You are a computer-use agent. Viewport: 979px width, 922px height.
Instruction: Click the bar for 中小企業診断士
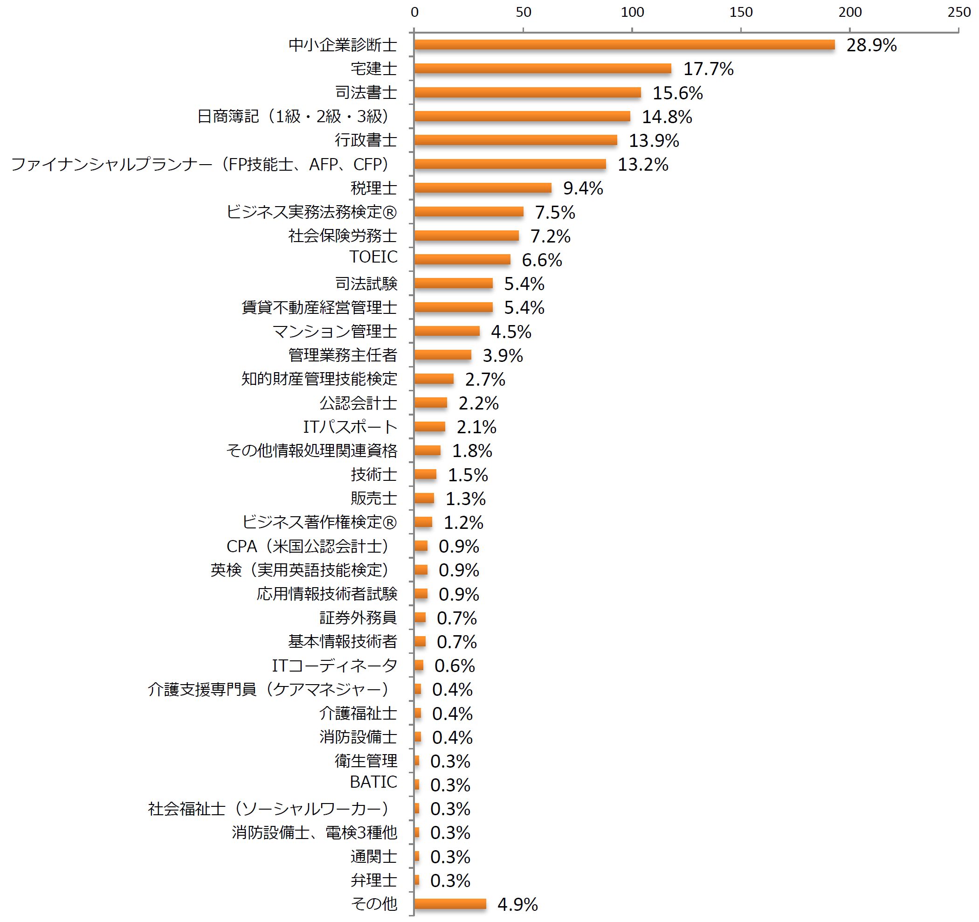coord(624,45)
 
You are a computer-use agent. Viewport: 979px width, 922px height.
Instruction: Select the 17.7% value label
coord(708,69)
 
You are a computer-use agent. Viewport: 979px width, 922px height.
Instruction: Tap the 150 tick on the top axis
coord(741,12)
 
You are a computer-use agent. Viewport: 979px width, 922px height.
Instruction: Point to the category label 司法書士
coord(366,93)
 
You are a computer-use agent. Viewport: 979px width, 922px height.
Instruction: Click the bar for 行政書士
coord(515,140)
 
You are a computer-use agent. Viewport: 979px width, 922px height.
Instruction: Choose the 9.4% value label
coord(583,188)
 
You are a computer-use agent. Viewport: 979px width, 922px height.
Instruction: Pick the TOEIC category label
coord(373,256)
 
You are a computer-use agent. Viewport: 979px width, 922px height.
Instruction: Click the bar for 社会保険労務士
coord(466,236)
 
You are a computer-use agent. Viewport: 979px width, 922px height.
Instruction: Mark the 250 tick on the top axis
coord(959,12)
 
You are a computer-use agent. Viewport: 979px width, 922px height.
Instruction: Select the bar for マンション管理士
coord(447,331)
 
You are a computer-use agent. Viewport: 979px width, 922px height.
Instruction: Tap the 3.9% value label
coord(502,355)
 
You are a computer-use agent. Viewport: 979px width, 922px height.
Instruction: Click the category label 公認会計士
coord(358,403)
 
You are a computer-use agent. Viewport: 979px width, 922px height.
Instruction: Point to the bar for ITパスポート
coord(429,427)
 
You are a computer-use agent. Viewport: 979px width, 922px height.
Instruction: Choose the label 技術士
coord(374,475)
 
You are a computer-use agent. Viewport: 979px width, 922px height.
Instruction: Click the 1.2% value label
coord(463,523)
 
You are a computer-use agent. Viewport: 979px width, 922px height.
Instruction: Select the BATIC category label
coord(373,782)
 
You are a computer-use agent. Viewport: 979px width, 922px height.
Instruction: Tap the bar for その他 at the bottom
coord(450,904)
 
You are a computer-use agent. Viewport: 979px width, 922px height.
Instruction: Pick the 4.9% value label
coord(517,904)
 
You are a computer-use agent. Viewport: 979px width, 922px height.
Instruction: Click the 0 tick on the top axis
coord(414,12)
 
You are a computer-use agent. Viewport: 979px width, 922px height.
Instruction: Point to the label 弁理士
coord(374,880)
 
